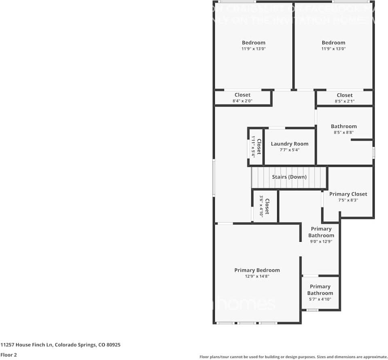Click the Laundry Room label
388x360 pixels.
(x=289, y=144)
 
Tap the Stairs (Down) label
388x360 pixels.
(x=289, y=177)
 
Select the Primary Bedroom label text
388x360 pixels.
(x=257, y=270)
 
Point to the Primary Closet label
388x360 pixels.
(x=348, y=194)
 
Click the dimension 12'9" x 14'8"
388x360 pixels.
(x=257, y=276)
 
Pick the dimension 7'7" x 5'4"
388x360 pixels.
(x=289, y=150)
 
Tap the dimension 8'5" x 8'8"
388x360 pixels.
(x=343, y=132)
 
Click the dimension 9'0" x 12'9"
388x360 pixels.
(x=321, y=241)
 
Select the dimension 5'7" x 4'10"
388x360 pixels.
(x=320, y=299)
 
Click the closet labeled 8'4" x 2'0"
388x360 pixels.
(x=242, y=98)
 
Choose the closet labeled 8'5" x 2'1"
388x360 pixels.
(x=344, y=98)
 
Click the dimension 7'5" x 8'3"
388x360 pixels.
(x=348, y=200)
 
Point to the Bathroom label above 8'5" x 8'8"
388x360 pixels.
(x=343, y=126)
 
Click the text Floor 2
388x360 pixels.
(x=8, y=355)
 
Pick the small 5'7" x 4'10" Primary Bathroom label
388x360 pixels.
(x=320, y=290)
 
